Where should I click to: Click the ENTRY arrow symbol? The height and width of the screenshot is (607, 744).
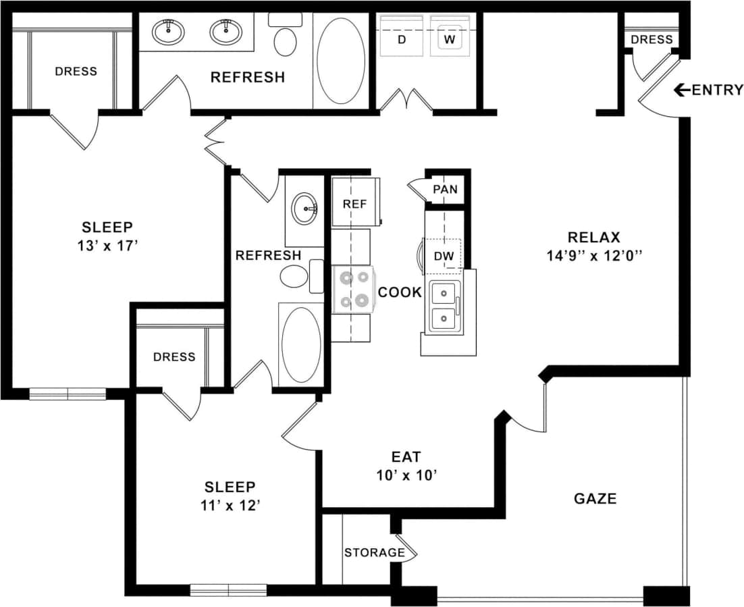pos(682,90)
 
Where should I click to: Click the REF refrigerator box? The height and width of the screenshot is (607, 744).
pos(354,203)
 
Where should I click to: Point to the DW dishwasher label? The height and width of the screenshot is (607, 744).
pos(444,257)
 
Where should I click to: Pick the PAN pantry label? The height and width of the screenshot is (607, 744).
pos(445,190)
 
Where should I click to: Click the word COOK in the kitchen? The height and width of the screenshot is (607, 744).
pos(400,292)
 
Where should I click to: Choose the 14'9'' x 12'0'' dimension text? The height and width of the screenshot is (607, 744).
pos(593,256)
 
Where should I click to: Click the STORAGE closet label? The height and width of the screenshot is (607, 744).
pos(374,552)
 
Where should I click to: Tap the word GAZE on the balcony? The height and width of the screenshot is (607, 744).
pos(595,499)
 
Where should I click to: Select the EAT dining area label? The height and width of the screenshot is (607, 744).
pos(406,457)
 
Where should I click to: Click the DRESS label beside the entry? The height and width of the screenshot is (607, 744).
pos(652,40)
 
